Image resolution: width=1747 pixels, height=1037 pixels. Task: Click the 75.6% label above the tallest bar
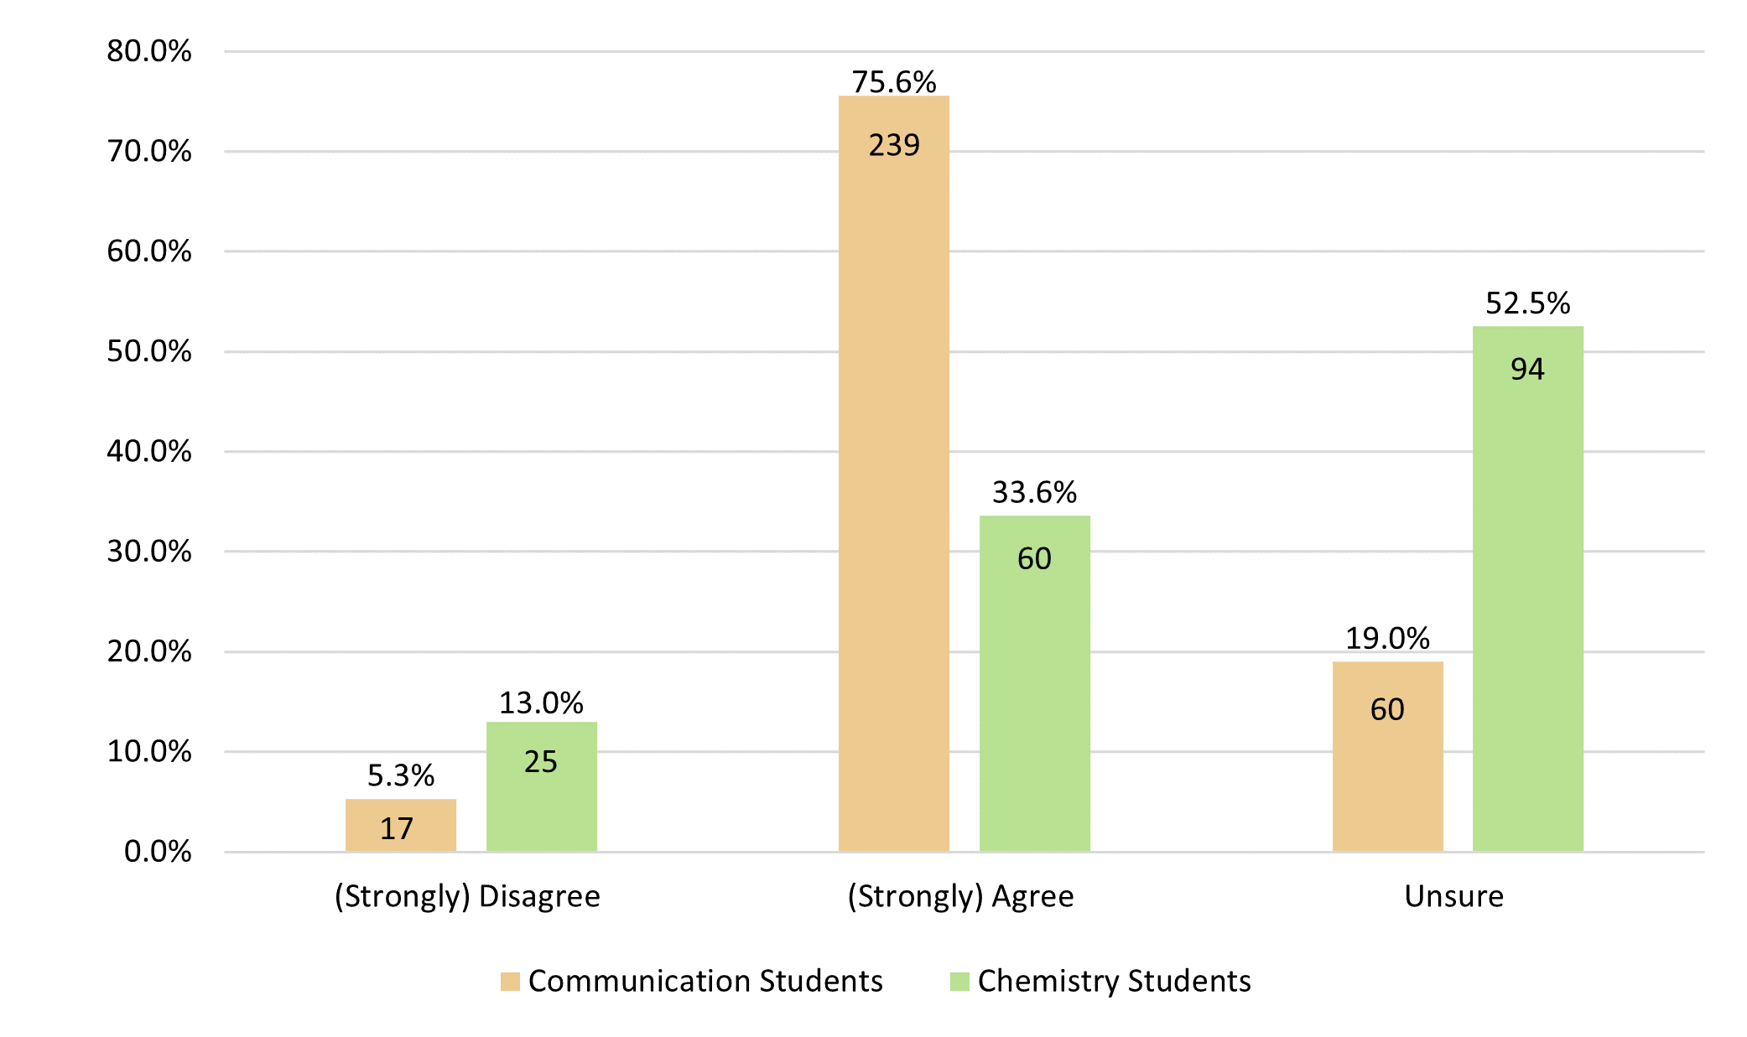pyautogui.click(x=894, y=82)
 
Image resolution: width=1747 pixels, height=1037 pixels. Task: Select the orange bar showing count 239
pyautogui.click(x=894, y=474)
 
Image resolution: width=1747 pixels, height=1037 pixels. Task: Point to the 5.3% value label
pyautogui.click(x=401, y=775)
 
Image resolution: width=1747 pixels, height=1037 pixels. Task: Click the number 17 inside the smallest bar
pyautogui.click(x=397, y=829)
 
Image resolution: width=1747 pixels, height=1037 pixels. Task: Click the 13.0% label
pyautogui.click(x=541, y=703)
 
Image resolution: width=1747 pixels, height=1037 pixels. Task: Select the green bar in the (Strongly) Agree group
pyautogui.click(x=1034, y=683)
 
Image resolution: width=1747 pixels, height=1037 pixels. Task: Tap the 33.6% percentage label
pyautogui.click(x=1034, y=492)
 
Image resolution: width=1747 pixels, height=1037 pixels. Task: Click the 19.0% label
pyautogui.click(x=1387, y=639)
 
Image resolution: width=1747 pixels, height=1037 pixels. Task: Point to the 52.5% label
pyautogui.click(x=1527, y=303)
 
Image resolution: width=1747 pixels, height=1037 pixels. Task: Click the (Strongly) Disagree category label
pyautogui.click(x=467, y=896)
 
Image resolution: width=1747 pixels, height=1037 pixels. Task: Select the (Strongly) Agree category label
pyautogui.click(x=960, y=896)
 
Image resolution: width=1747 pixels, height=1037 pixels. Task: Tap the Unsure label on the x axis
pyautogui.click(x=1453, y=896)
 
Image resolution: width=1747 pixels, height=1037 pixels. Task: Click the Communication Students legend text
pyautogui.click(x=705, y=981)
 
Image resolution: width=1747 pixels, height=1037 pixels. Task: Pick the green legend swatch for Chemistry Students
pyautogui.click(x=959, y=981)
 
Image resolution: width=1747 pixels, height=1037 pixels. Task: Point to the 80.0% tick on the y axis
pyautogui.click(x=148, y=51)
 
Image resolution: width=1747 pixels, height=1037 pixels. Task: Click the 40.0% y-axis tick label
pyautogui.click(x=148, y=452)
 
